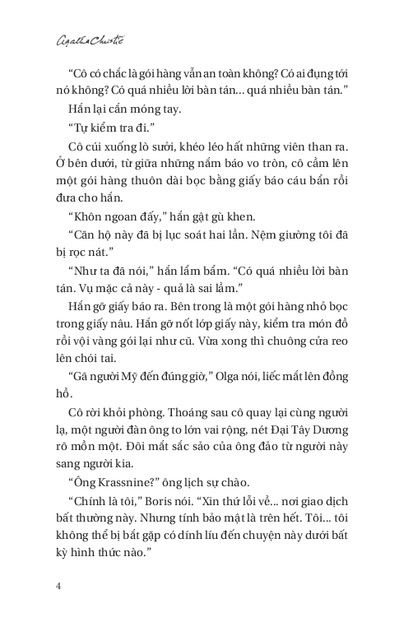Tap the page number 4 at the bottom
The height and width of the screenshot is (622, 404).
tap(58, 586)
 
